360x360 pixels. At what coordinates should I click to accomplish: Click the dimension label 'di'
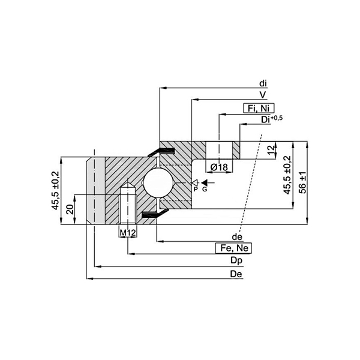[263, 83]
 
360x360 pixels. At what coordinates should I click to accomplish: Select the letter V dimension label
[263, 95]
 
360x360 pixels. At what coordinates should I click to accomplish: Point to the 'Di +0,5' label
[271, 119]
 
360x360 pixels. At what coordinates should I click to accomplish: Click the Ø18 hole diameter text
[219, 167]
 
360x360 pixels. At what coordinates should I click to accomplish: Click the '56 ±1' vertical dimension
[303, 182]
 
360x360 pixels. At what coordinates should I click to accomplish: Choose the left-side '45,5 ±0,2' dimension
[55, 190]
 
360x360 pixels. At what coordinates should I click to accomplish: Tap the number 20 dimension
[70, 208]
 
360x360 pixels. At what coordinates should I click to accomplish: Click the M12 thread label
[127, 232]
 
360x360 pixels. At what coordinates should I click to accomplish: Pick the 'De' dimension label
[236, 274]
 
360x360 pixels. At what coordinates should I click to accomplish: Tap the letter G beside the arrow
[205, 189]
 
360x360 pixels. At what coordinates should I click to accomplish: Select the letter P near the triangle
[195, 189]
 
